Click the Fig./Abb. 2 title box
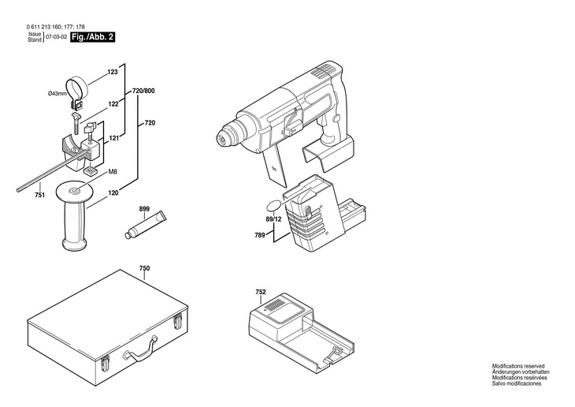tap(92, 37)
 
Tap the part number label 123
tap(113, 72)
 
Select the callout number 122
tap(113, 104)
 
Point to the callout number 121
tap(114, 139)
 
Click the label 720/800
tap(143, 91)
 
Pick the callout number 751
tap(39, 195)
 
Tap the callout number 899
tap(144, 209)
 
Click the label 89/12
tap(273, 219)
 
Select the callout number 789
tap(260, 235)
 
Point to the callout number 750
tap(144, 268)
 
